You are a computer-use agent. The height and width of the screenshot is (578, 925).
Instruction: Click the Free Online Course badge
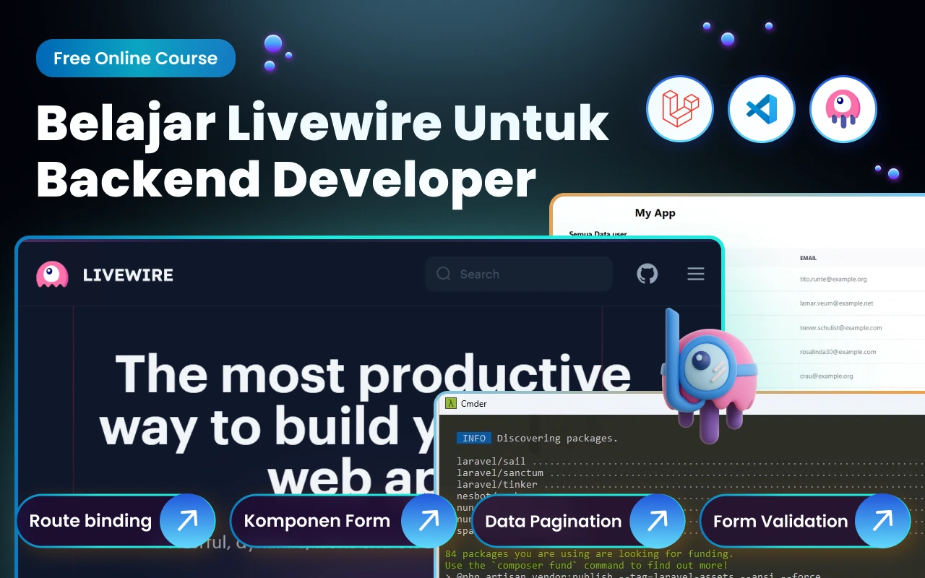[x=136, y=59]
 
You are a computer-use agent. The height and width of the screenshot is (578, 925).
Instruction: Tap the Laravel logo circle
[x=679, y=110]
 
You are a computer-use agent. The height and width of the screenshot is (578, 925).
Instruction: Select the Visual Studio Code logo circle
[x=761, y=110]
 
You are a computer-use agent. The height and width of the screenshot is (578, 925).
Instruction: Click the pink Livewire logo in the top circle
[x=843, y=110]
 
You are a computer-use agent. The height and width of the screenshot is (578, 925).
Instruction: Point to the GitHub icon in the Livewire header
[x=647, y=274]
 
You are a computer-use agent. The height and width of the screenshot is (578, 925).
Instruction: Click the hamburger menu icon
[x=695, y=274]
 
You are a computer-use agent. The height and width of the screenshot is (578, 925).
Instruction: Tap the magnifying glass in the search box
[x=444, y=274]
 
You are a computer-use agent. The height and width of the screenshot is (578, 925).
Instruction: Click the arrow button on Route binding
[x=187, y=520]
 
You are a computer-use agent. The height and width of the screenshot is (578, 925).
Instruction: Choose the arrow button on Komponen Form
[x=429, y=520]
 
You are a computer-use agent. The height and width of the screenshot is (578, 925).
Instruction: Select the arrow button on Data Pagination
[x=657, y=521]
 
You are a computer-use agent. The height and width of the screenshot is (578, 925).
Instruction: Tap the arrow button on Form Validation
[x=882, y=521]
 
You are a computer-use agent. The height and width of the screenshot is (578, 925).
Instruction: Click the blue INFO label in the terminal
[x=474, y=438]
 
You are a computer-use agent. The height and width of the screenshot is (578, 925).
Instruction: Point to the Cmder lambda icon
[x=449, y=403]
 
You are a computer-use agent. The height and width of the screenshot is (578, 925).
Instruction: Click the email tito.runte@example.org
[x=823, y=279]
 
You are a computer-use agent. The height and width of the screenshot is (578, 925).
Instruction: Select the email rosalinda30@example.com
[x=827, y=352]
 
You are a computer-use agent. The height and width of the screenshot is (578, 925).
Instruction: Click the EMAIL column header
[x=808, y=258]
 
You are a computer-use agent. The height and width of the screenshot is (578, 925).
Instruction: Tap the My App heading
[x=655, y=213]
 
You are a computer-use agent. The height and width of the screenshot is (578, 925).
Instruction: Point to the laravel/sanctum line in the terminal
[x=499, y=473]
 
